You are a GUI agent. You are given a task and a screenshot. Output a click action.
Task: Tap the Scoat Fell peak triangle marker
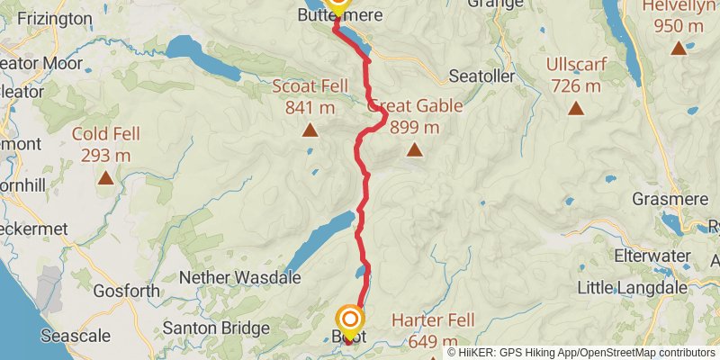pyautogui.click(x=310, y=130)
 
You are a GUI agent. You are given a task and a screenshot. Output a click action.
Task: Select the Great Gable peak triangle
pyautogui.click(x=414, y=150)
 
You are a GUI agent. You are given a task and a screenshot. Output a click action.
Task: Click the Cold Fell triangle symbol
pyautogui.click(x=106, y=178)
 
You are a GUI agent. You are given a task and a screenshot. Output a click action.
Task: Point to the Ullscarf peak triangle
pyautogui.click(x=574, y=110)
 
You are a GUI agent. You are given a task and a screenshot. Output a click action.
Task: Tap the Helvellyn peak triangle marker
pyautogui.click(x=679, y=48)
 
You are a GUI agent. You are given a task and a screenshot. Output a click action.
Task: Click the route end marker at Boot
pyautogui.click(x=350, y=319)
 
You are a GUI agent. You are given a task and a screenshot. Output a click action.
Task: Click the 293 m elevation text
pyautogui.click(x=106, y=155)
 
